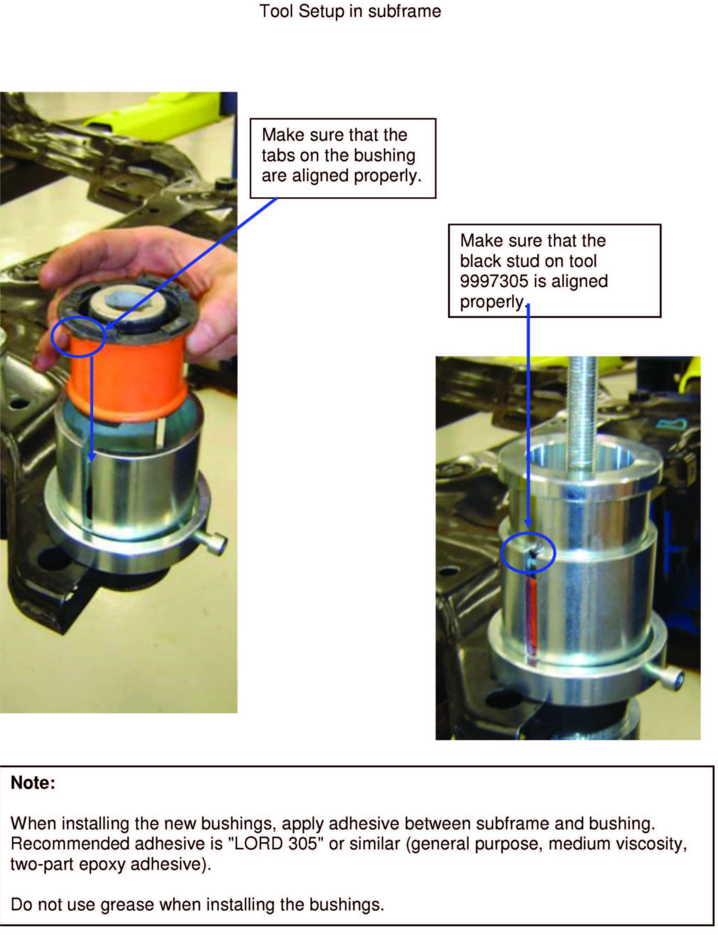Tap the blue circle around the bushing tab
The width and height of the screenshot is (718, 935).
pyautogui.click(x=78, y=337)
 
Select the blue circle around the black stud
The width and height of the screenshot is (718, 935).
pyautogui.click(x=528, y=553)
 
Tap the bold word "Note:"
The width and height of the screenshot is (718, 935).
pyautogui.click(x=33, y=783)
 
